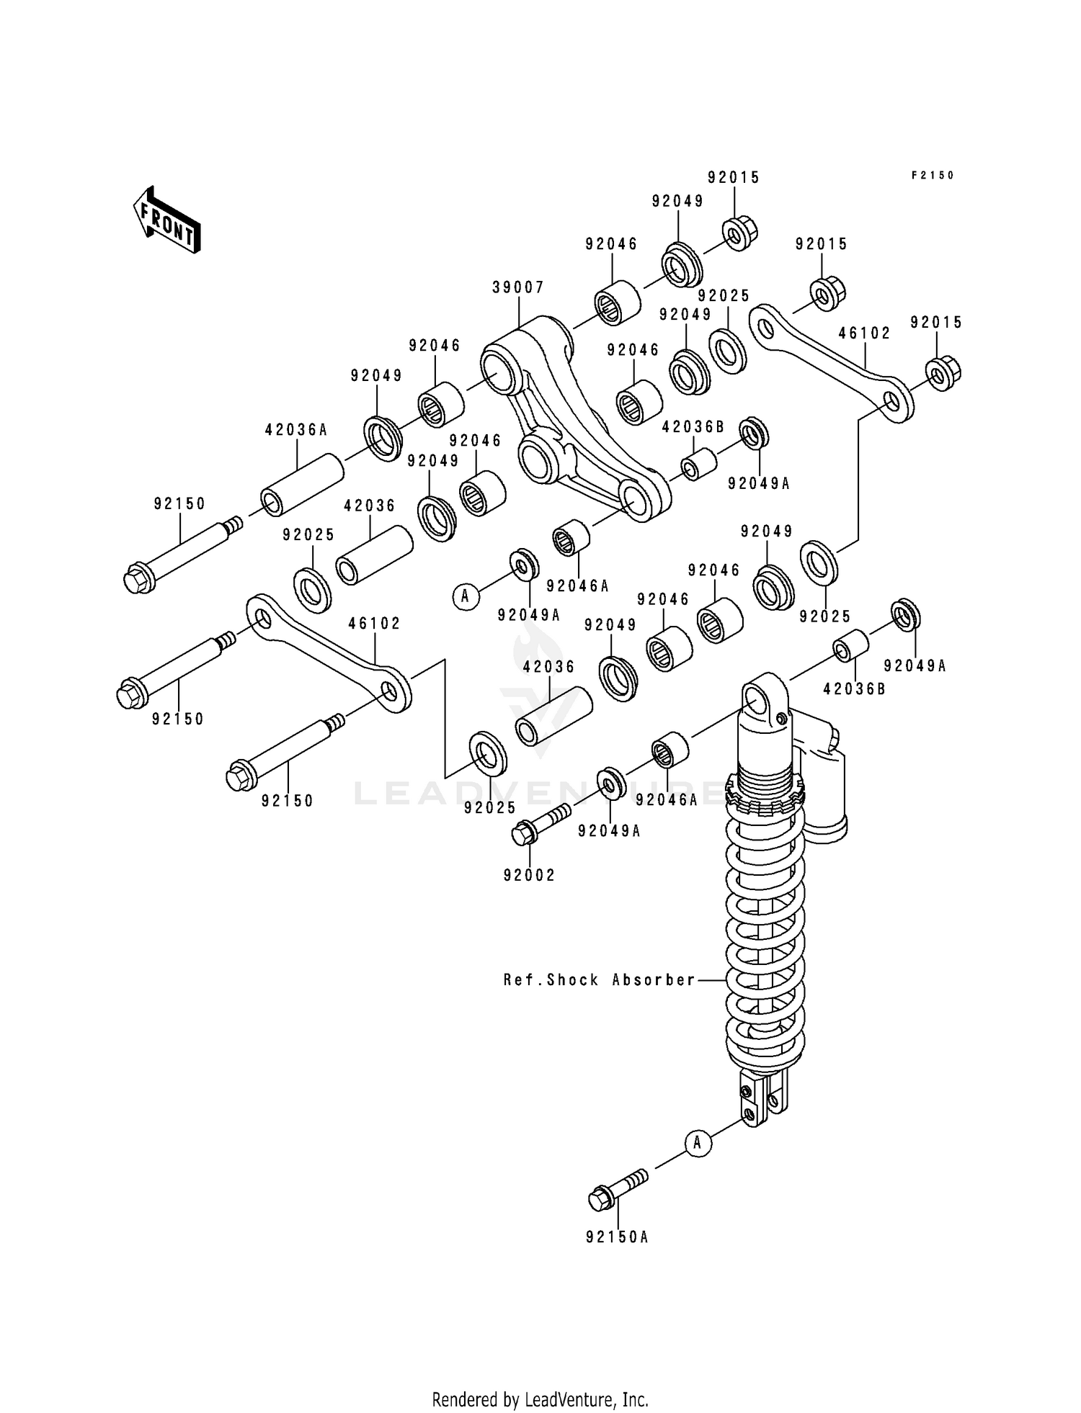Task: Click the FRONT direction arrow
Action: [166, 219]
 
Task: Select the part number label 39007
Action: [517, 287]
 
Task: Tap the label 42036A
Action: [295, 430]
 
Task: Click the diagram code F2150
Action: [933, 175]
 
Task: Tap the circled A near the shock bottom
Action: [697, 1142]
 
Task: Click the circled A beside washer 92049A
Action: [466, 596]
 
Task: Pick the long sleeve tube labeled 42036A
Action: [301, 485]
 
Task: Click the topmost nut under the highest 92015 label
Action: [739, 233]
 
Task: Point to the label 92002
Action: [530, 875]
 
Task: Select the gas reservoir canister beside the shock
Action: [824, 785]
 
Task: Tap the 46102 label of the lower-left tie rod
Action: [374, 623]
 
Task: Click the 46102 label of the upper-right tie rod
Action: [864, 333]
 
